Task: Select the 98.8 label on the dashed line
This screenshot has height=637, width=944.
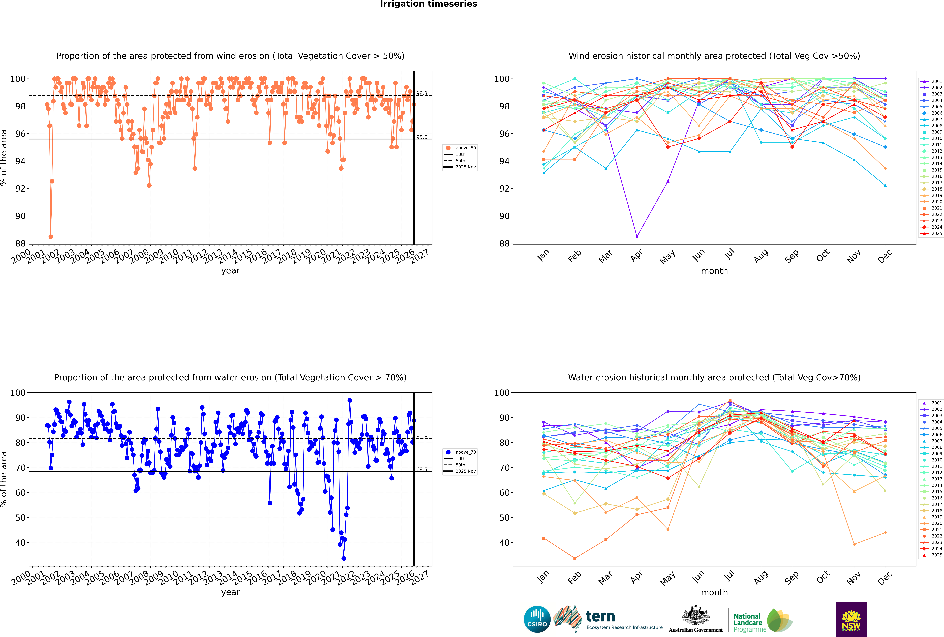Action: coord(422,93)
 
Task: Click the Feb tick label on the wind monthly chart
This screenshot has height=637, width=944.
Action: coord(574,256)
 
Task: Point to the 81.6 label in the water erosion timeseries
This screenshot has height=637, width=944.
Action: coord(422,437)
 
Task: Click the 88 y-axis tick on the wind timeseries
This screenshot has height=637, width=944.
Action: coord(20,243)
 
